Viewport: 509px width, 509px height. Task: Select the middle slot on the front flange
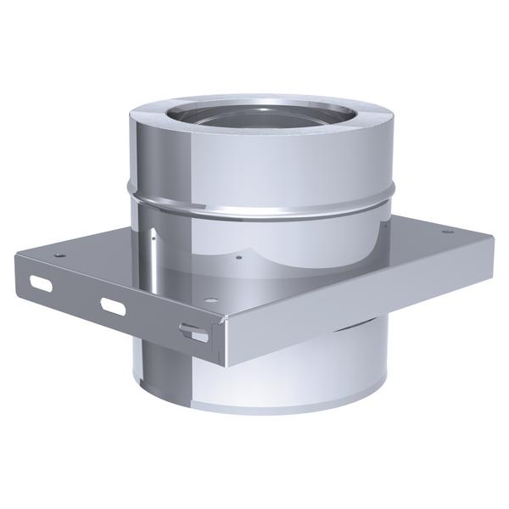[113, 305]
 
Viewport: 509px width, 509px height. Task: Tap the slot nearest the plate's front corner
[194, 334]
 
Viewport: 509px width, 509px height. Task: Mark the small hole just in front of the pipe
[240, 258]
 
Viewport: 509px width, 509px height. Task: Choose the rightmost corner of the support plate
[493, 238]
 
